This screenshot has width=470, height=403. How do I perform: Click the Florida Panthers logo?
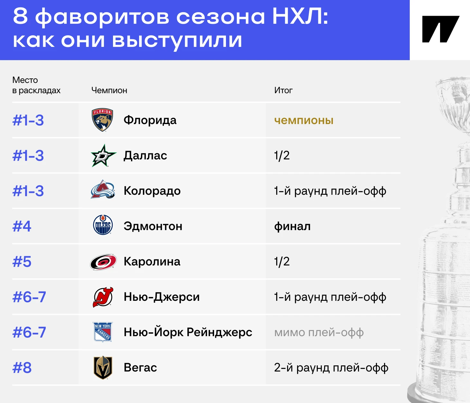pyautogui.click(x=102, y=120)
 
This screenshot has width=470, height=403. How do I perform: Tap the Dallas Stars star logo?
pyautogui.click(x=103, y=156)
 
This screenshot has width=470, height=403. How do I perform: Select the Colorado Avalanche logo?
pyautogui.click(x=103, y=189)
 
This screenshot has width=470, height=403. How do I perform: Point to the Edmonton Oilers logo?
pyautogui.click(x=103, y=225)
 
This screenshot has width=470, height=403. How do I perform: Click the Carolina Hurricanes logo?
pyautogui.click(x=103, y=262)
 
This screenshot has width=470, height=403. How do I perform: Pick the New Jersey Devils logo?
pyautogui.click(x=103, y=297)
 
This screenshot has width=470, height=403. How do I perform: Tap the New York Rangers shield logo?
pyautogui.click(x=103, y=332)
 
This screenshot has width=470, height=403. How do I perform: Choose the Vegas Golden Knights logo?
pyautogui.click(x=103, y=367)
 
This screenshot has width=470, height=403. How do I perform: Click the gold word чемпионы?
pyautogui.click(x=304, y=120)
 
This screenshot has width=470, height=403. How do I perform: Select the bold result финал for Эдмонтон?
pyautogui.click(x=292, y=226)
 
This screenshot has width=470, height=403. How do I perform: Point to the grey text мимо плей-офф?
pyautogui.click(x=319, y=332)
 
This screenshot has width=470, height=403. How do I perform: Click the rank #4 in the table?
pyautogui.click(x=22, y=226)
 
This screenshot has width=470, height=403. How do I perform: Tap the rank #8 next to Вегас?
pyautogui.click(x=22, y=368)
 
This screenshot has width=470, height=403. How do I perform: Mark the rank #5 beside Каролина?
pyautogui.click(x=22, y=262)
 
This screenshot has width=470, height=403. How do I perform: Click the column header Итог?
pyautogui.click(x=283, y=90)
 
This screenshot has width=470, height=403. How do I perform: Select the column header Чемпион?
pyautogui.click(x=109, y=90)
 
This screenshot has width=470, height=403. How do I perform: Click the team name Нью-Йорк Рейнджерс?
pyautogui.click(x=188, y=332)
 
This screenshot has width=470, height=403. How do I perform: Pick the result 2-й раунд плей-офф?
pyautogui.click(x=331, y=368)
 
